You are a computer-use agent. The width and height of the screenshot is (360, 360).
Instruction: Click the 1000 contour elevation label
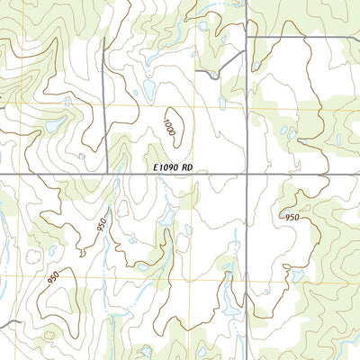(171, 125)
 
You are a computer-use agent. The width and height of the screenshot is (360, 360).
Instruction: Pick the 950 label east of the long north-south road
(292, 218)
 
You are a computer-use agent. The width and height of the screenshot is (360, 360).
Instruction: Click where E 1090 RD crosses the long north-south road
(247, 173)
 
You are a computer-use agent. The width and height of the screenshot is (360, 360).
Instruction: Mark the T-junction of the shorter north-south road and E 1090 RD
(107, 173)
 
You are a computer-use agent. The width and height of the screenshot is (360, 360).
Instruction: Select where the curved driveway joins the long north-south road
(247, 52)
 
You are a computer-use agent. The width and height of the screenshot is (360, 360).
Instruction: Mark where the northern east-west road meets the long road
(247, 37)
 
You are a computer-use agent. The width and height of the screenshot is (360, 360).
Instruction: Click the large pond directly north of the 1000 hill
(146, 90)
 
